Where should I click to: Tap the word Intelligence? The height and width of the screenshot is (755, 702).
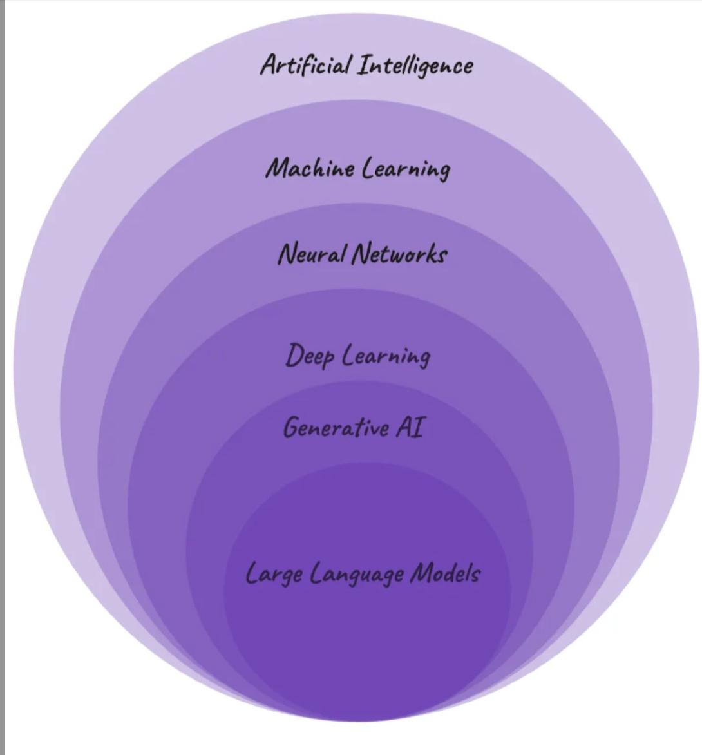(x=415, y=66)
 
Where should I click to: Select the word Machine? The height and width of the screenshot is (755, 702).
(x=310, y=168)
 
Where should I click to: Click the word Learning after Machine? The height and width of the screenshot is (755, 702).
(x=406, y=169)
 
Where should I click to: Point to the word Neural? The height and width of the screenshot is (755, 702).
(x=311, y=253)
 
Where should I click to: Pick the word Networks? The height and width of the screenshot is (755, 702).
(x=399, y=253)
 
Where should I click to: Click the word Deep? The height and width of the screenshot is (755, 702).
(x=310, y=356)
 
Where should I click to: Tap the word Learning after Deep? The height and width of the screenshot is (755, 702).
(x=386, y=356)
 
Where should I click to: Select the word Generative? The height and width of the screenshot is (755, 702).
(x=336, y=427)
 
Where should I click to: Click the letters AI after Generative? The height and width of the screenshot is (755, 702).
(x=410, y=426)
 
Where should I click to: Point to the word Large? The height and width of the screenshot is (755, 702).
(x=274, y=573)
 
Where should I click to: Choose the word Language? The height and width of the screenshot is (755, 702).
(x=357, y=574)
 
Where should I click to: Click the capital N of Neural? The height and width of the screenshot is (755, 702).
(x=287, y=253)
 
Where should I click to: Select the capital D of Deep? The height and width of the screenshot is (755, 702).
(x=294, y=355)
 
